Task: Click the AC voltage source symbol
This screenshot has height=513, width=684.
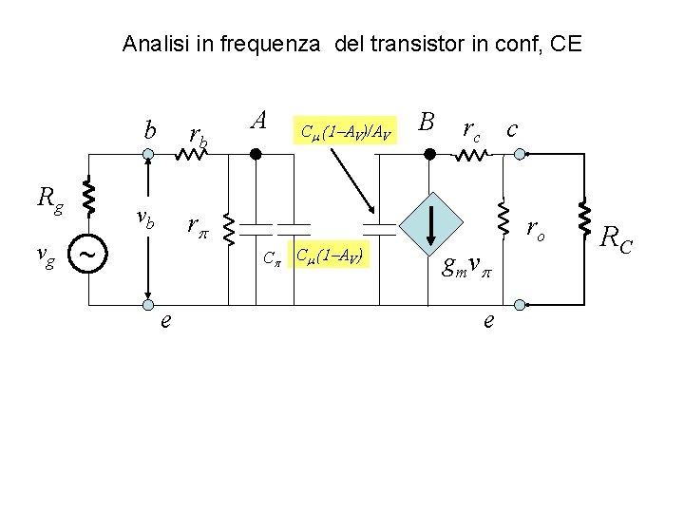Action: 87,255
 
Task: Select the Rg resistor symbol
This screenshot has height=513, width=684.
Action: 87,198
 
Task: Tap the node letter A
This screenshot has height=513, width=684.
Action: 257,120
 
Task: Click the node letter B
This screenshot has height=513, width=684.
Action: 427,122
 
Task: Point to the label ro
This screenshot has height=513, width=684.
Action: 537,229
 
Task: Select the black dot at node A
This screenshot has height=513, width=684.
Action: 254,152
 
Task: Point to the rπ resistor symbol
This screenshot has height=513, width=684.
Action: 227,226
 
